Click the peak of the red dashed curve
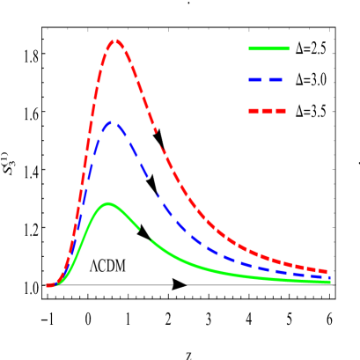point(114,40)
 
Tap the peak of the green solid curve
point(108,203)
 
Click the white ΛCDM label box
point(108,263)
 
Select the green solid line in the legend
point(268,48)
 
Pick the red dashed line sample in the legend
point(268,111)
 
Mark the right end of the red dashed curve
point(327,272)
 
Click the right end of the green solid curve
point(328,282)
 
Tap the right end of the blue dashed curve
point(327,277)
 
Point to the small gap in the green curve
point(144,234)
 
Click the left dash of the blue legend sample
point(255,79)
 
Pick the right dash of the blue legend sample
point(276,79)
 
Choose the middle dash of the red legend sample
point(268,111)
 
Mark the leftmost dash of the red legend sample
point(253,111)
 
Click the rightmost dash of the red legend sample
point(281,111)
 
